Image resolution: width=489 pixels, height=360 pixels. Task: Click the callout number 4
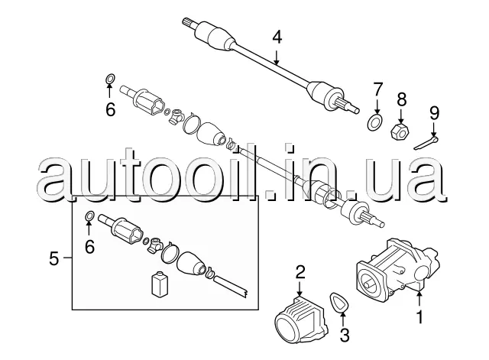coord(277,35)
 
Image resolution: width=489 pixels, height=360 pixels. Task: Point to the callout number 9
coord(434,112)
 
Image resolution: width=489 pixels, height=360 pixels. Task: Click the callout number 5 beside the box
coord(53,259)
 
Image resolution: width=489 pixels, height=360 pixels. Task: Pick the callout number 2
coord(300,272)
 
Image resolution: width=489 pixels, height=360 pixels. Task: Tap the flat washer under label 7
coord(375,120)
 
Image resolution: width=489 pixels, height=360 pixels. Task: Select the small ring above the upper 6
coord(109,79)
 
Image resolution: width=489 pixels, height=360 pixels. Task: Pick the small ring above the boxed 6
coord(90,216)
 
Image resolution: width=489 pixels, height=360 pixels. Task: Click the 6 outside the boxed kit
coord(111,110)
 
